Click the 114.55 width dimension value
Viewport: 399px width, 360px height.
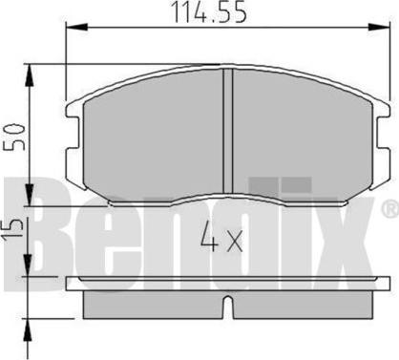[209, 12]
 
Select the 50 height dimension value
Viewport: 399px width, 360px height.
[14, 137]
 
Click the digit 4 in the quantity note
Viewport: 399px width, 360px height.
[209, 237]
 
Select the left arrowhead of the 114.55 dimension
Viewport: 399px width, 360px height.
[76, 27]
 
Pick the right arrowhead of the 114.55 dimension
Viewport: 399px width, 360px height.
[379, 27]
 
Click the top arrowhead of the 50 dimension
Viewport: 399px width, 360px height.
[30, 75]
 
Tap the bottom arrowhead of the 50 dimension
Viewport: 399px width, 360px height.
[30, 195]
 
